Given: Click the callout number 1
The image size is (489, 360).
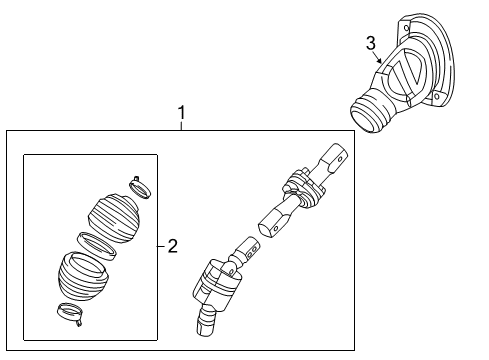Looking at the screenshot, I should (x=181, y=115).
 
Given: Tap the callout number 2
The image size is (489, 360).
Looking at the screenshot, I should (x=172, y=246).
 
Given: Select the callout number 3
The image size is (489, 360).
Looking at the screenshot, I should (x=370, y=44).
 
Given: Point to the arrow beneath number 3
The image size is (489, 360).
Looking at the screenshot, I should (x=381, y=61).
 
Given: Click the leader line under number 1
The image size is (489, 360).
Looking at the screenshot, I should (x=181, y=126).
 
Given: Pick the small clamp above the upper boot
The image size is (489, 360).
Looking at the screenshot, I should (x=139, y=186).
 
